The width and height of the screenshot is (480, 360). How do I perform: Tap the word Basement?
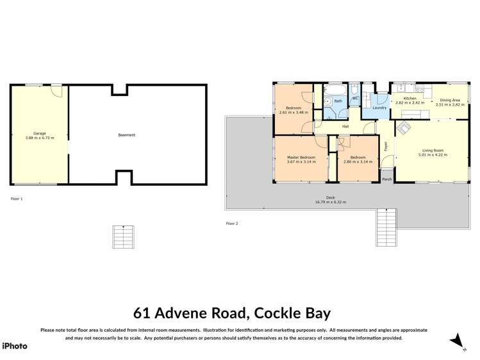click(126, 135)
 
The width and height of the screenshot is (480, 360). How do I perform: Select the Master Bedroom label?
click(301, 157)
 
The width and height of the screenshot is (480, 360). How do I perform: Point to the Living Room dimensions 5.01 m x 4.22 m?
click(431, 155)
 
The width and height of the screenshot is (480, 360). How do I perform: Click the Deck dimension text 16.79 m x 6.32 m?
click(330, 202)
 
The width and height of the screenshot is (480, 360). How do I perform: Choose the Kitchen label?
click(410, 99)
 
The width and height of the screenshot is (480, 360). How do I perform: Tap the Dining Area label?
click(449, 100)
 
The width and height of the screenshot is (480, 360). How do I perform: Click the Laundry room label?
click(379, 108)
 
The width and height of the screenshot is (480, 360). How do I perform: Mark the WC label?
click(355, 98)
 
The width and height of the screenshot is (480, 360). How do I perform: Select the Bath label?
click(338, 101)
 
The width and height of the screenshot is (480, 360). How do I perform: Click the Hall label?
click(345, 126)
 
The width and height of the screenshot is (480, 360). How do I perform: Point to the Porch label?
click(386, 179)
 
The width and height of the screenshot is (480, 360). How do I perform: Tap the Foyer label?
click(386, 146)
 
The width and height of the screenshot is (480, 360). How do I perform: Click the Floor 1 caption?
click(17, 199)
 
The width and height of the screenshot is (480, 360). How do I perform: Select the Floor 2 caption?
click(231, 224)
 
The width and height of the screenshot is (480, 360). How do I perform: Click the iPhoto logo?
click(15, 346)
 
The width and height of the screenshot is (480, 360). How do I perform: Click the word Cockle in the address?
click(277, 313)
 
